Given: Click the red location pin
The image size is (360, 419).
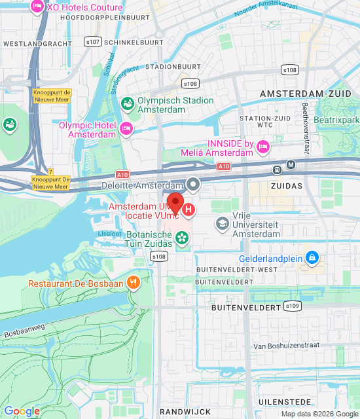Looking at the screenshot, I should pos(175,202).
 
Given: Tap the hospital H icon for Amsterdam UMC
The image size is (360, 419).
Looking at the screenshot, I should pos(189,210).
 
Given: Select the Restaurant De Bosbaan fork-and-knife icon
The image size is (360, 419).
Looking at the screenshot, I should pos(134,283).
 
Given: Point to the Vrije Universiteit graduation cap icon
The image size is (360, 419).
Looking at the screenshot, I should pos(223,224).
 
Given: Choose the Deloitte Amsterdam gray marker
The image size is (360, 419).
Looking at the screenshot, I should pos(193,185).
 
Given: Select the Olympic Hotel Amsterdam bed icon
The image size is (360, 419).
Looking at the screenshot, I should pos(126,129).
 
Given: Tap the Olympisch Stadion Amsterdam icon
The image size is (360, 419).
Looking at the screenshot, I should pos(127,103).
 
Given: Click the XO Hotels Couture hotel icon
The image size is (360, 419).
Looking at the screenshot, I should pos(37,7).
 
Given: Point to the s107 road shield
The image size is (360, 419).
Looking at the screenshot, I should pos(93,42).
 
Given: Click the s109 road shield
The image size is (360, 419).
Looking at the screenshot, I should pos(292,306).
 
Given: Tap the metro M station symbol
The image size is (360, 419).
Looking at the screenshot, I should pos(291,165).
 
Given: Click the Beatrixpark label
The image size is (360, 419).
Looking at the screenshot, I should pos(337,120).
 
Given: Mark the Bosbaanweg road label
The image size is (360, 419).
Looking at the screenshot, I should pos(24,335).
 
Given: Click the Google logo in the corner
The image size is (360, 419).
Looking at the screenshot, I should pos(22,411).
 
